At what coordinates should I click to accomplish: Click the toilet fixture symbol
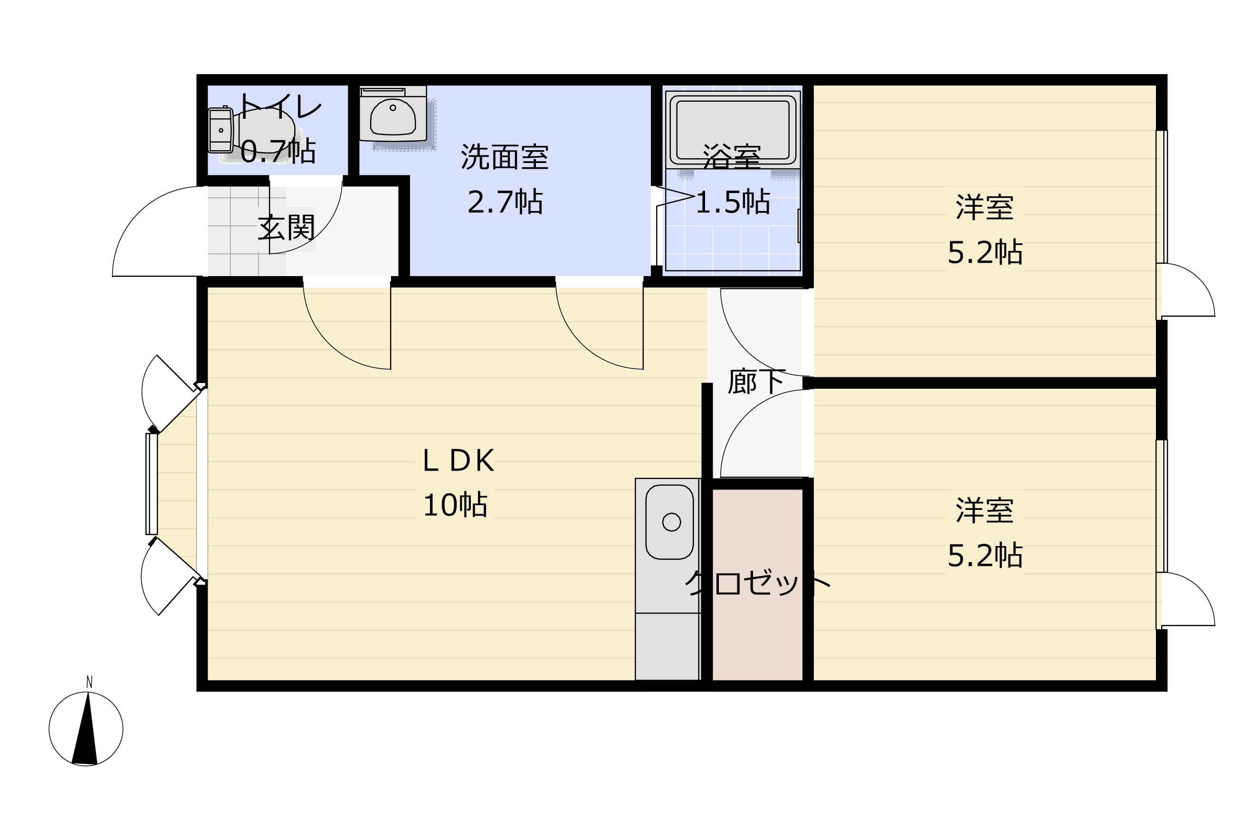[x=251, y=131]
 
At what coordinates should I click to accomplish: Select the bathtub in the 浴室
[x=733, y=129]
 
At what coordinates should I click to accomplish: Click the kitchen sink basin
[x=669, y=522]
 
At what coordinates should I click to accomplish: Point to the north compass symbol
[x=86, y=729]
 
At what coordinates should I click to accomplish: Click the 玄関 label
[x=286, y=228]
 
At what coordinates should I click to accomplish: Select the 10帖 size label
[x=455, y=505]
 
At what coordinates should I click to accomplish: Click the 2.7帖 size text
[x=505, y=202]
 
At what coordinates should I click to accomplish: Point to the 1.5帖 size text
[x=733, y=202]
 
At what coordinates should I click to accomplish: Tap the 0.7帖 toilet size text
[x=278, y=151]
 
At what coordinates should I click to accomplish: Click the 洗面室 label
[x=505, y=157]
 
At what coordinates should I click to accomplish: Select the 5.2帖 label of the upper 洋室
[x=985, y=252]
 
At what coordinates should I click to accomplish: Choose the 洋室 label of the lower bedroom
[x=985, y=510]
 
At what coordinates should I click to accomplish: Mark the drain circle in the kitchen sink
[x=672, y=522]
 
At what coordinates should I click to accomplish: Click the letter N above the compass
[x=89, y=682]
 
